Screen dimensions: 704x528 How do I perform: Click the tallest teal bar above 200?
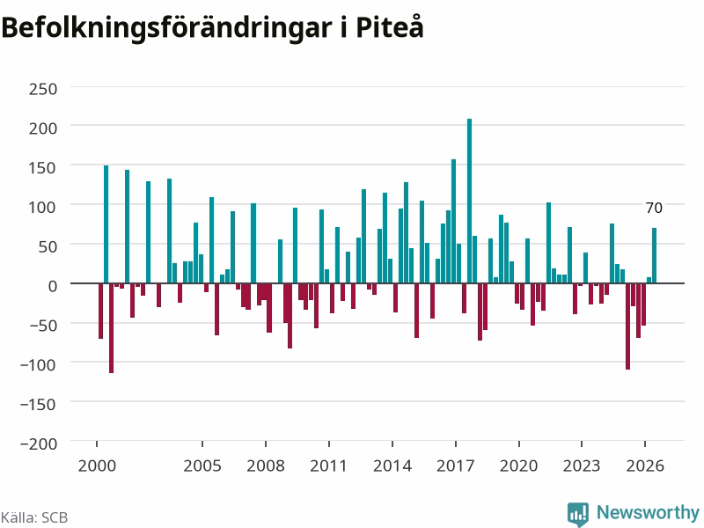click(470, 201)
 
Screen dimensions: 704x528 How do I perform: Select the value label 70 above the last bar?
click(654, 208)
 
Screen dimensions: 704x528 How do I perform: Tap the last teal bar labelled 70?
click(654, 255)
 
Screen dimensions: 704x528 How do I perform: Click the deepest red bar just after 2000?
click(112, 328)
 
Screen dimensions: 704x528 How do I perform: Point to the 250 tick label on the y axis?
click(43, 89)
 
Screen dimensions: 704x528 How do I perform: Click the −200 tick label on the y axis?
click(39, 444)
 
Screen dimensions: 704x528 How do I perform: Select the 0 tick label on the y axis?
click(53, 286)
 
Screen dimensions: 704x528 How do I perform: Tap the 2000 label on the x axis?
click(97, 466)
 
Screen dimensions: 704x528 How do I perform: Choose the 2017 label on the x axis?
click(455, 466)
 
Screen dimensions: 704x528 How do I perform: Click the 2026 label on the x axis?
click(645, 466)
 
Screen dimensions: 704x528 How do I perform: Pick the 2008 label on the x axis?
click(266, 466)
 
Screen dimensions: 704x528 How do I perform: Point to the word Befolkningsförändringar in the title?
click(166, 29)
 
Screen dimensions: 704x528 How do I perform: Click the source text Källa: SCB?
click(34, 517)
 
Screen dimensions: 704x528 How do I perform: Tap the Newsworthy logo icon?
click(578, 514)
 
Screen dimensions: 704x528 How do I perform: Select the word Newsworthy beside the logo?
click(648, 513)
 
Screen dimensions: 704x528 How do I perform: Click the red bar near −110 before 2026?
click(627, 326)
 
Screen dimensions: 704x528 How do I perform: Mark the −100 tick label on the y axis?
click(39, 364)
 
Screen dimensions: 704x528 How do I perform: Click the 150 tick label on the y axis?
click(43, 168)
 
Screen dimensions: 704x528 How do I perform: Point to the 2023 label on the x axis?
click(582, 466)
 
